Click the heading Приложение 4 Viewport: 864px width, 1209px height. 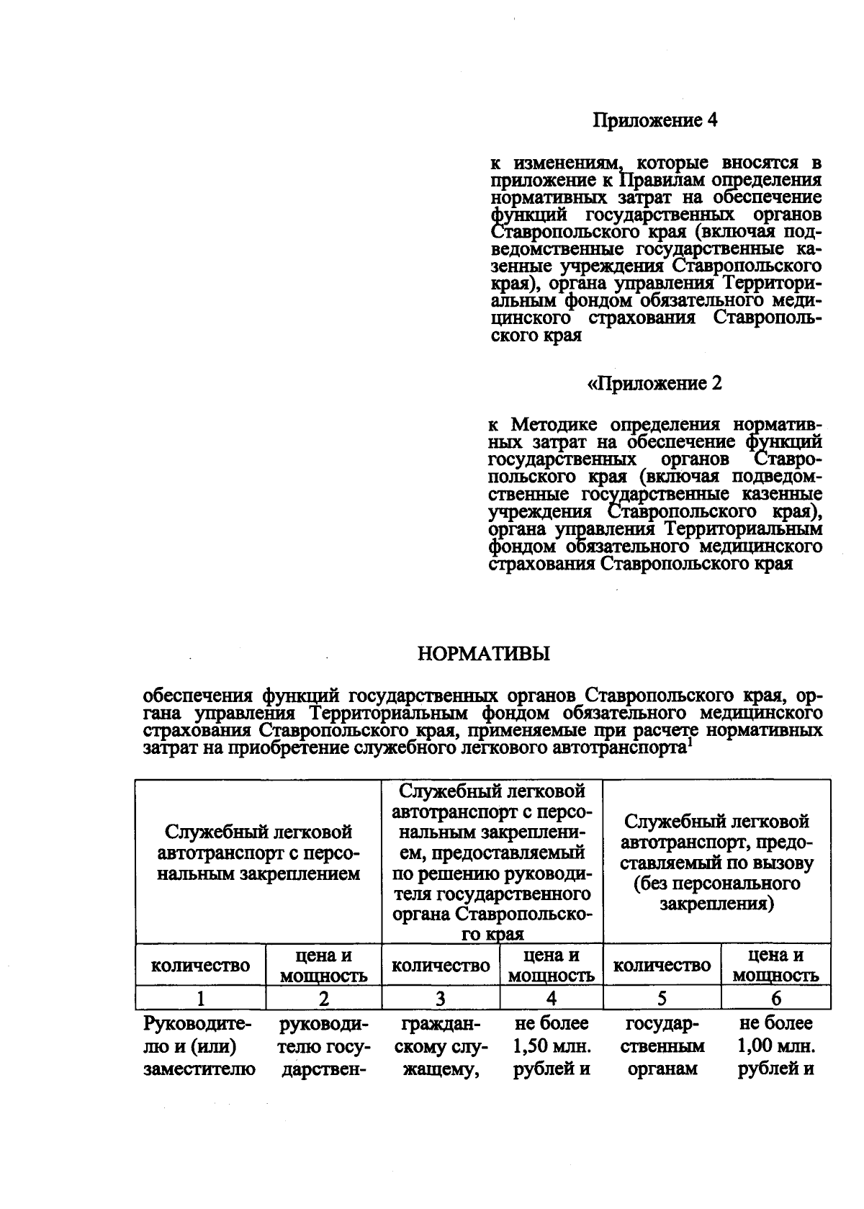[x=655, y=120]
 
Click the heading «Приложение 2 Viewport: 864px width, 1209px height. [x=655, y=383]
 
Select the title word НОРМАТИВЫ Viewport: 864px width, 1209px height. [x=483, y=654]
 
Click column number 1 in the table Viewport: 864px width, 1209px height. [x=201, y=999]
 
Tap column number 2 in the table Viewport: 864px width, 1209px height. [x=324, y=999]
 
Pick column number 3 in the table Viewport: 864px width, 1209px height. [x=441, y=999]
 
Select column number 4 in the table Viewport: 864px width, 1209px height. [x=552, y=999]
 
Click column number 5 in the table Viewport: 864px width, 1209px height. [x=662, y=999]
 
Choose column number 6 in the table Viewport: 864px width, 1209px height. [x=775, y=999]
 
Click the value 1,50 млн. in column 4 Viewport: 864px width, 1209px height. [x=552, y=1046]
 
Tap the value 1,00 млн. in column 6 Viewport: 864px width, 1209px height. [x=776, y=1046]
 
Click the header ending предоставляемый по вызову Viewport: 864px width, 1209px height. [x=716, y=862]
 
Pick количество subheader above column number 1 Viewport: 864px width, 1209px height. [x=201, y=966]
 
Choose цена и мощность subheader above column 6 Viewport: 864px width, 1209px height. [x=775, y=966]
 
